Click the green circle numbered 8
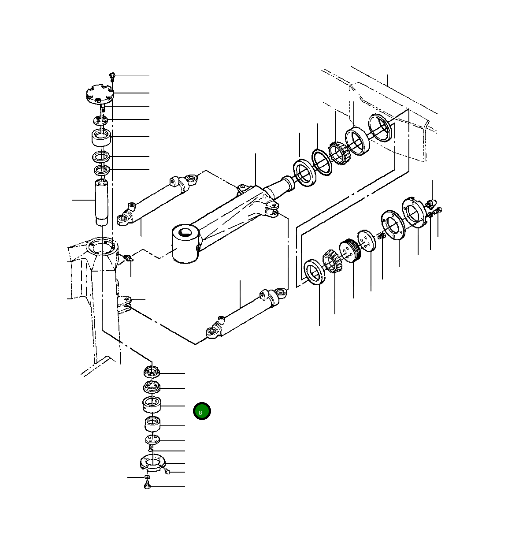coord(202,411)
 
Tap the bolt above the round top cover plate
coord(112,76)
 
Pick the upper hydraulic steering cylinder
coord(156,199)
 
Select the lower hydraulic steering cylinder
coord(247,314)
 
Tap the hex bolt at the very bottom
coord(148,486)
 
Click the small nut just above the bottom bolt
coord(147,477)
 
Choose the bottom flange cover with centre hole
coord(152,463)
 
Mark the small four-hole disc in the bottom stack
coord(152,440)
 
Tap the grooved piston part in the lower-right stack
coord(350,251)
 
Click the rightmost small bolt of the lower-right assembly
coord(438,211)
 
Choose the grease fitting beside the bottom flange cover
coord(167,472)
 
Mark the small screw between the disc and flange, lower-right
coord(382,237)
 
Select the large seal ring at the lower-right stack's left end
coord(315,272)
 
